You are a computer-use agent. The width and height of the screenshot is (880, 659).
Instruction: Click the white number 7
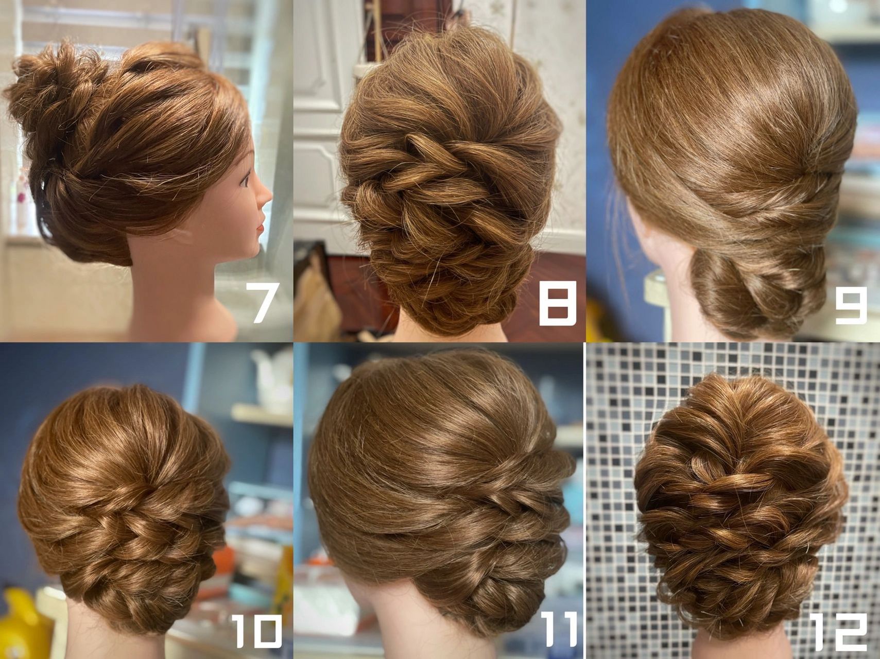click(x=263, y=303)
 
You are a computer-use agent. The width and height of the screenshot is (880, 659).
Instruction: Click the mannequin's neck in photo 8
click(x=453, y=329)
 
